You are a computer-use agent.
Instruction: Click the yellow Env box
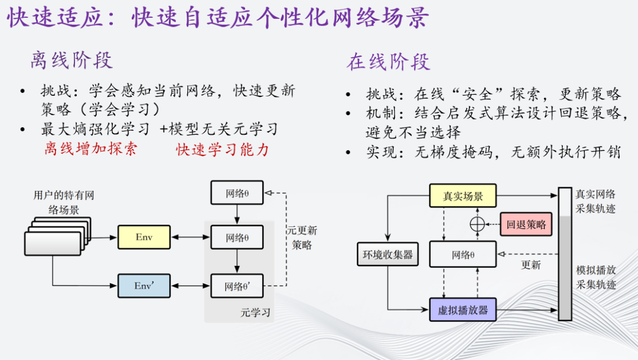(x=144, y=237)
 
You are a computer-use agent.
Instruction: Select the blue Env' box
(x=144, y=286)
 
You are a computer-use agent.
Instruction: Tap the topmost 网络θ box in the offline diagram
(x=237, y=193)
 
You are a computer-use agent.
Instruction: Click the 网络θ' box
(x=237, y=286)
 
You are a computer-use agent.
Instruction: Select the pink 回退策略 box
(x=526, y=225)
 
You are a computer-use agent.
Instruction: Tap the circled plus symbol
(x=478, y=225)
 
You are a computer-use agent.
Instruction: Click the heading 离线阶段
(x=71, y=60)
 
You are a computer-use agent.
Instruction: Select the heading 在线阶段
(x=388, y=61)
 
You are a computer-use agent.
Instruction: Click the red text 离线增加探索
(x=90, y=148)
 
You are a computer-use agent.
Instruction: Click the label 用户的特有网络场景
(x=63, y=202)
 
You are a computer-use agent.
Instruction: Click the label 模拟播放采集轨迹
(x=596, y=277)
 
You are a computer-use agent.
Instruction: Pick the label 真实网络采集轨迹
(x=595, y=201)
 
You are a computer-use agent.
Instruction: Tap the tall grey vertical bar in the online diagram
(x=565, y=254)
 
